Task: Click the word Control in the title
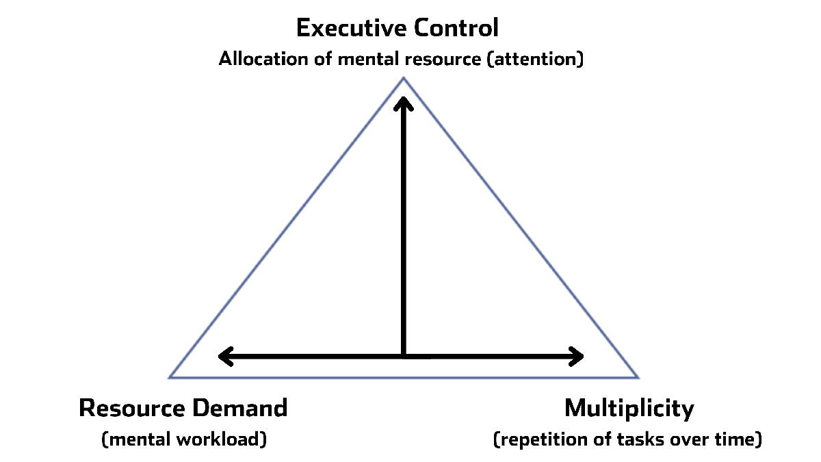(456, 28)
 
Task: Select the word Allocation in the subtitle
(263, 59)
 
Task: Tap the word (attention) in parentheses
(535, 60)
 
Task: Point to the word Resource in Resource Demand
(132, 408)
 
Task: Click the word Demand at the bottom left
(240, 408)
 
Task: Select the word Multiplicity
(629, 409)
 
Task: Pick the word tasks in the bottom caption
(640, 439)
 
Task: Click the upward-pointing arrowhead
(404, 103)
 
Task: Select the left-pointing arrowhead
(226, 357)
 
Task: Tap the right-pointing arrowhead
(576, 357)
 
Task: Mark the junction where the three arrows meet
(404, 357)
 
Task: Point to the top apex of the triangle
(404, 77)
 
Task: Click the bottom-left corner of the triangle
(170, 377)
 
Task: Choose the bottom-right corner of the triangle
(638, 377)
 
